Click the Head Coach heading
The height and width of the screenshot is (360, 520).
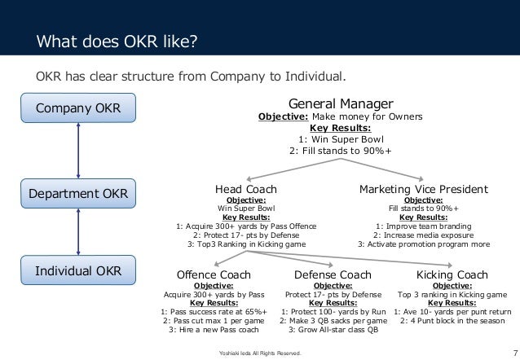[245, 190]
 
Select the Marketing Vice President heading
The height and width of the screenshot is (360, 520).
[424, 190]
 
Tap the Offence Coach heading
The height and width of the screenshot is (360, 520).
[213, 274]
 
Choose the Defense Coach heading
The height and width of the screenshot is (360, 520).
[333, 274]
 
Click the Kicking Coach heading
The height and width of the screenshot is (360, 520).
[452, 274]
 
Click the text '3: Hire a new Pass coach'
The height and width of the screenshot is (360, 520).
[213, 329]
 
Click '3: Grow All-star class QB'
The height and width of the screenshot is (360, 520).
[333, 329]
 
